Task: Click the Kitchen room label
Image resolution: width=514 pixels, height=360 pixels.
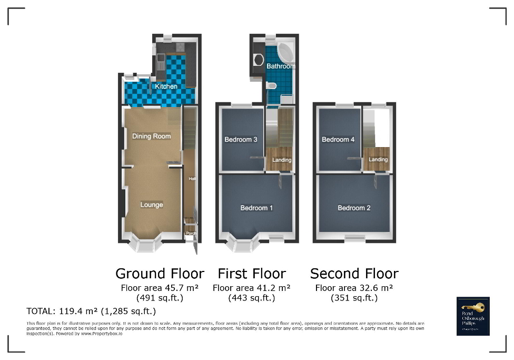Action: pyautogui.click(x=166, y=86)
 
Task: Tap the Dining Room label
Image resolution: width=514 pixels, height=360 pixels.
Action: pyautogui.click(x=151, y=136)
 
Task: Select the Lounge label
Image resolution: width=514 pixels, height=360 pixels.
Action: pyautogui.click(x=151, y=205)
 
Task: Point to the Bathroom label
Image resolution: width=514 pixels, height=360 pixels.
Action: pyautogui.click(x=280, y=66)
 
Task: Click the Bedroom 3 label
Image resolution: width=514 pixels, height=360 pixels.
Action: pyautogui.click(x=241, y=140)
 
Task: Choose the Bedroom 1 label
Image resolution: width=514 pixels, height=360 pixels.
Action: pyautogui.click(x=256, y=208)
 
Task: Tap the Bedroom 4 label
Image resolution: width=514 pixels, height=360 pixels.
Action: pyautogui.click(x=338, y=140)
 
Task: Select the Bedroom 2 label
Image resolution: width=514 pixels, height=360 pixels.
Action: pyautogui.click(x=354, y=208)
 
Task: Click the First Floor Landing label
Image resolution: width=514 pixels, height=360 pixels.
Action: pyautogui.click(x=282, y=160)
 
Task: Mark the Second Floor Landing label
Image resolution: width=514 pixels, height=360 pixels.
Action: pyautogui.click(x=378, y=160)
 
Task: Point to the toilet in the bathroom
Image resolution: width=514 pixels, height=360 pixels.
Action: pyautogui.click(x=271, y=86)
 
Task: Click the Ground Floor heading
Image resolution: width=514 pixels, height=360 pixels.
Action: pyautogui.click(x=160, y=274)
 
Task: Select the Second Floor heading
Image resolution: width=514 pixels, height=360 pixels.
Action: pyautogui.click(x=354, y=274)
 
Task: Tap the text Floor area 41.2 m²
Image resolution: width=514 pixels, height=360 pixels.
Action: pyautogui.click(x=252, y=288)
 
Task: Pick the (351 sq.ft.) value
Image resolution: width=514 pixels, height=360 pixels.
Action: pyautogui.click(x=354, y=298)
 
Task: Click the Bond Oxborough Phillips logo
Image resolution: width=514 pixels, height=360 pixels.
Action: pyautogui.click(x=473, y=316)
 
